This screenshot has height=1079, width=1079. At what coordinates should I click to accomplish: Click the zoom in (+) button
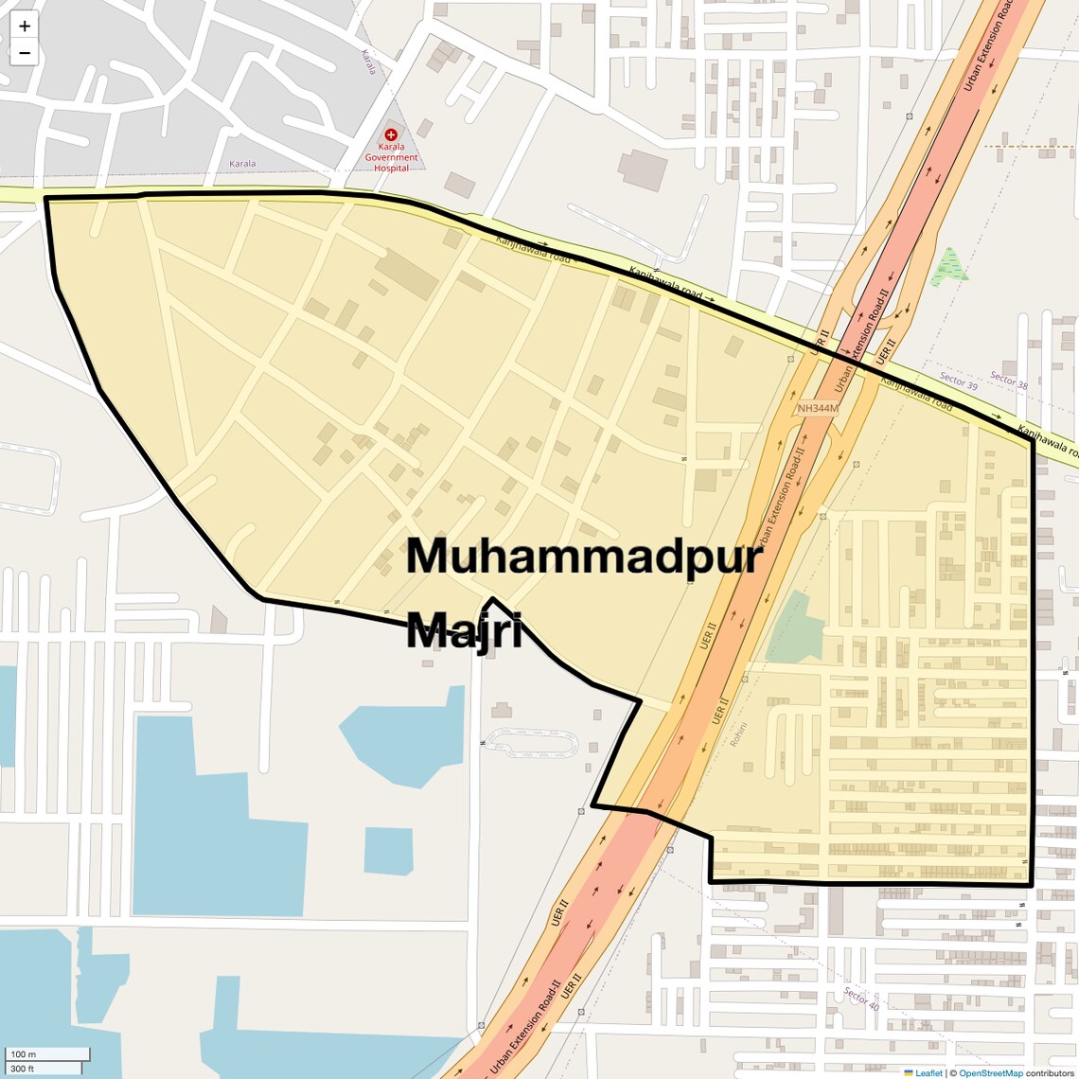(25, 26)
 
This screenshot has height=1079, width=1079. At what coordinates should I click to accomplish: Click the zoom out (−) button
(25, 53)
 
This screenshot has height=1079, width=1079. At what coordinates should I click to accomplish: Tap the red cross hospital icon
(391, 135)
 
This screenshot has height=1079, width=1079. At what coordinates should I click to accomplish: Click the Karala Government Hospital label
(391, 157)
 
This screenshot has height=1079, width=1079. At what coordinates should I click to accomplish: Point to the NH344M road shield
(818, 409)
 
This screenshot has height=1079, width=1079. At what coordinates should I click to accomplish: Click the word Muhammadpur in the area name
(584, 557)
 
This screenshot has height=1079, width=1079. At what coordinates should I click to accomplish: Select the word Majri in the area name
(464, 629)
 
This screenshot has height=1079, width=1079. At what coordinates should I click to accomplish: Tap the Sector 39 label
(958, 380)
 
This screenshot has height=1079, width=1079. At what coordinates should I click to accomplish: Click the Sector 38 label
(1009, 380)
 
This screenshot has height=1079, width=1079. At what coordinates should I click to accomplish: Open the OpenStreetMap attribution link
(990, 1072)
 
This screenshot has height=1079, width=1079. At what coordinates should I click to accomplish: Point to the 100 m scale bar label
(23, 1054)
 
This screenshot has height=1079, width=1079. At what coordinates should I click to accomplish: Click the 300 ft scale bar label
(23, 1069)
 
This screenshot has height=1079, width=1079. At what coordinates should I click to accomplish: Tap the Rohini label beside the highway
(738, 734)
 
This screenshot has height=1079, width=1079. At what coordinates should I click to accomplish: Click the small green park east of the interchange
(948, 267)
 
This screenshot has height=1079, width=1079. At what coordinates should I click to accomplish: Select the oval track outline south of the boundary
(531, 743)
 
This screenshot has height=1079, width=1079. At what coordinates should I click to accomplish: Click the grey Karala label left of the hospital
(242, 164)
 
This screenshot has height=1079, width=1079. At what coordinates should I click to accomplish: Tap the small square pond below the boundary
(388, 850)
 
